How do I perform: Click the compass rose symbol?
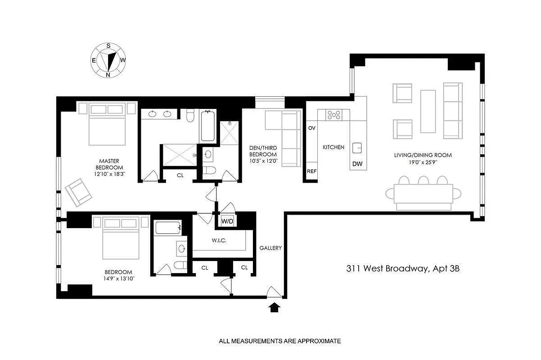click(108, 59)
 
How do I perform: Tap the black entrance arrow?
click(275, 307)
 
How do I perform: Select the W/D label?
click(226, 221)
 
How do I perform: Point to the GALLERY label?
click(270, 248)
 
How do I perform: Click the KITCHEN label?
click(334, 147)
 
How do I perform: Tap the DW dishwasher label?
click(357, 164)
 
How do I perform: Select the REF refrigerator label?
click(311, 171)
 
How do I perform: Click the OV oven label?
click(311, 128)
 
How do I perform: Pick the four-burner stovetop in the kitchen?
click(334, 115)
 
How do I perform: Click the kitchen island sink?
click(357, 147)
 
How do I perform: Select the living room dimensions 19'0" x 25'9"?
click(423, 162)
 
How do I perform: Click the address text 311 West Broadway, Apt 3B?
click(403, 269)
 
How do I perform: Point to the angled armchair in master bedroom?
click(78, 192)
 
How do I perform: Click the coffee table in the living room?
click(428, 111)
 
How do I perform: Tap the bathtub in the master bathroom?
click(208, 126)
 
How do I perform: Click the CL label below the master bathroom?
click(180, 175)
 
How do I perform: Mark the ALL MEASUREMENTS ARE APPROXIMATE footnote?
click(280, 341)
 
